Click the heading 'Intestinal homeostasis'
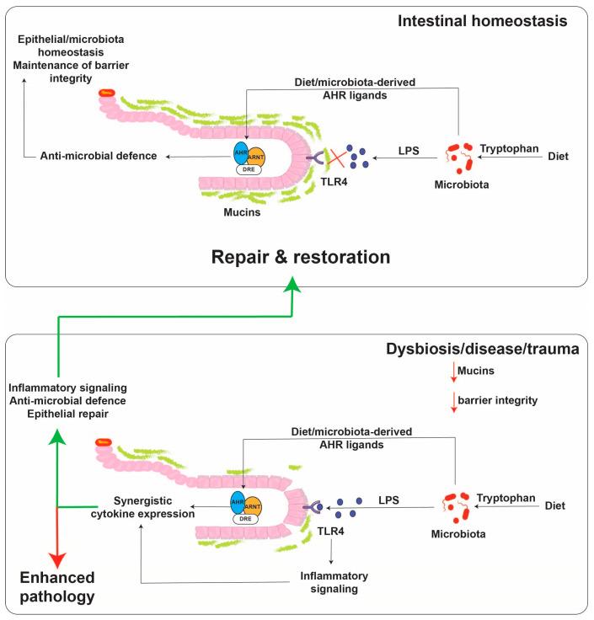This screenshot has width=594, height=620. (x=493, y=19)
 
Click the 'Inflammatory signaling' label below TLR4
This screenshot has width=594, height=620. (x=336, y=582)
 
